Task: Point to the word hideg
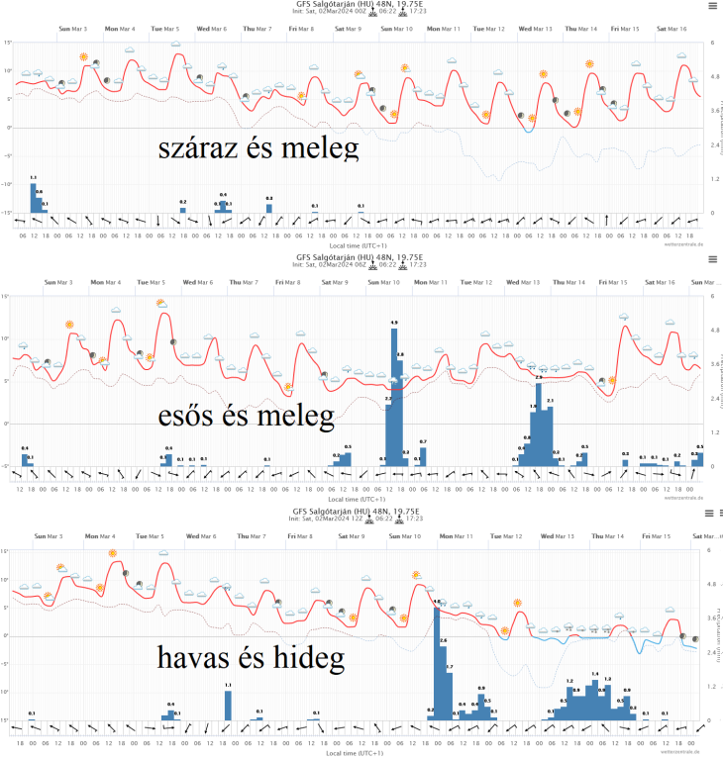point(301,657)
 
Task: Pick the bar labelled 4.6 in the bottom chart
point(437,663)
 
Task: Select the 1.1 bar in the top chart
point(33,198)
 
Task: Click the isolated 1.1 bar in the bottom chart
point(228,706)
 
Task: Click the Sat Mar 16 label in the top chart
point(670,29)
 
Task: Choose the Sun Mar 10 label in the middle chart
point(384,283)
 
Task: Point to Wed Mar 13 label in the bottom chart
point(558,535)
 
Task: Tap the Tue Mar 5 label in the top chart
point(165,29)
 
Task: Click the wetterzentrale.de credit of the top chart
point(682,244)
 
